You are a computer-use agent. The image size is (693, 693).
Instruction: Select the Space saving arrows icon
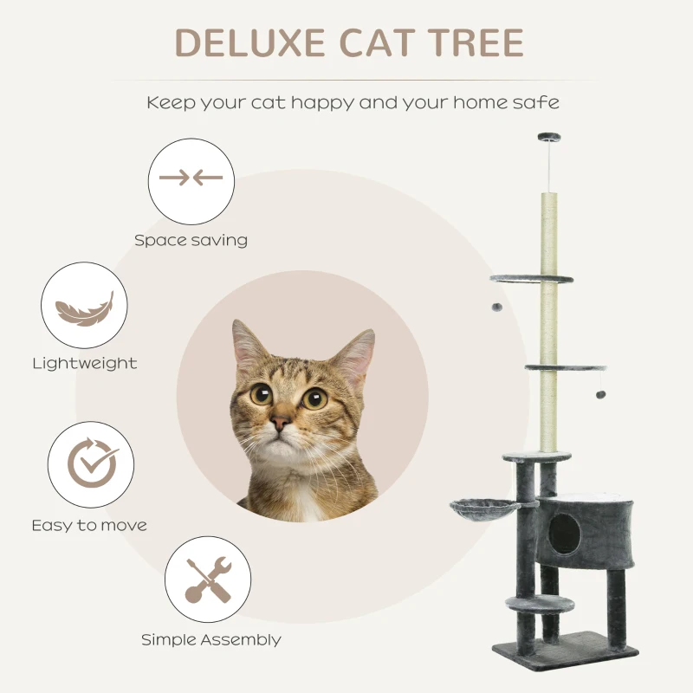coord(191,180)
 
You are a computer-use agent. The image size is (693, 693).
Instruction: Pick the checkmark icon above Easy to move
coord(91,465)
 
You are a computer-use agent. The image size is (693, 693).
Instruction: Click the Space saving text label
coord(191,240)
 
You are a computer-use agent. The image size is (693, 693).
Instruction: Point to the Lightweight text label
coord(84,364)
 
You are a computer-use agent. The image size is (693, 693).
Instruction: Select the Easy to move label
coord(89,525)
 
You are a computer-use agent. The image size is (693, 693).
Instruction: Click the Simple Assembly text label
coord(211,640)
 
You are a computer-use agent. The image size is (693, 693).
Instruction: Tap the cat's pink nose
coord(280,423)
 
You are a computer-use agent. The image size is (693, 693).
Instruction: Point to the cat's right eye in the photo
coord(314,398)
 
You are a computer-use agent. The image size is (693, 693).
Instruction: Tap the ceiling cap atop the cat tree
coord(548,138)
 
